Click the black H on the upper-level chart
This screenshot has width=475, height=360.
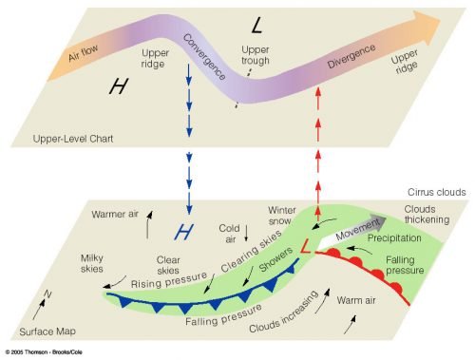tap(118, 86)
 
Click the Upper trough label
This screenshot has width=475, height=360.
tap(255, 54)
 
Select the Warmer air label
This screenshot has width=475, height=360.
tap(116, 214)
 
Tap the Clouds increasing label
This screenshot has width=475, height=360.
tap(284, 318)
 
